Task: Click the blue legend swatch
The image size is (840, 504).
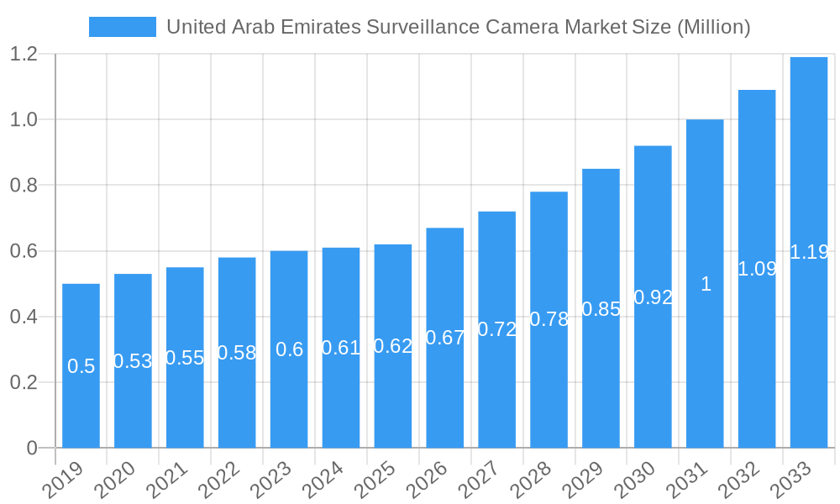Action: pyautogui.click(x=122, y=27)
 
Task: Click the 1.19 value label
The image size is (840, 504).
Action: pyautogui.click(x=809, y=252)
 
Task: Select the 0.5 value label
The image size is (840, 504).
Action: pyautogui.click(x=81, y=366)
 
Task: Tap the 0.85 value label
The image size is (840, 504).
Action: pyautogui.click(x=601, y=309)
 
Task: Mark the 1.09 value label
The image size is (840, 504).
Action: pyautogui.click(x=757, y=269)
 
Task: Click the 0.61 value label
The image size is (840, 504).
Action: pyautogui.click(x=341, y=348)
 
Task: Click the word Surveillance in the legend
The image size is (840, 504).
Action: pyautogui.click(x=425, y=27)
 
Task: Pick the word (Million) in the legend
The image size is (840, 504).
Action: pyautogui.click(x=712, y=27)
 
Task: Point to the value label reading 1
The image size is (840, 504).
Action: pyautogui.click(x=706, y=284)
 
